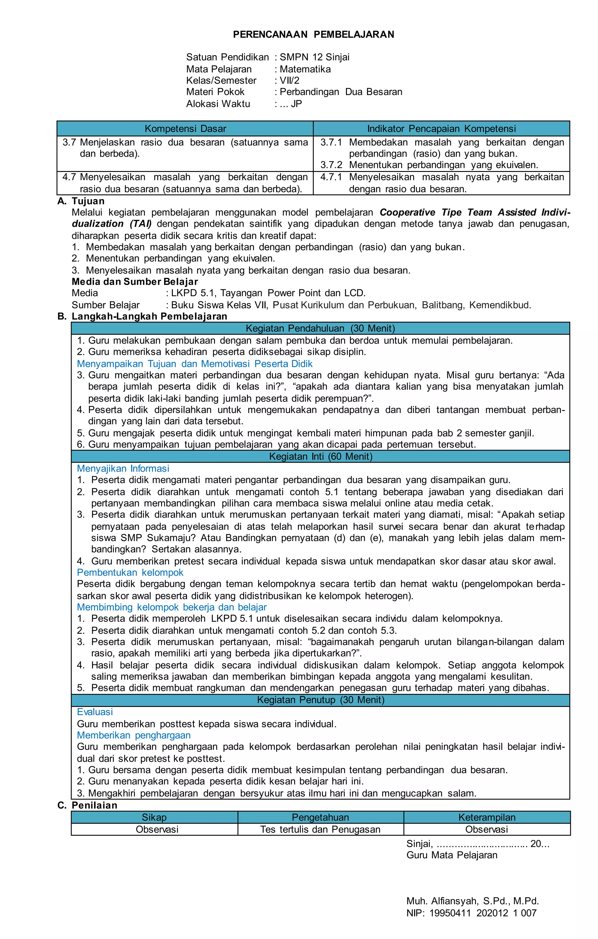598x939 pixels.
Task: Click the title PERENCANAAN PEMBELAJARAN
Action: (x=313, y=35)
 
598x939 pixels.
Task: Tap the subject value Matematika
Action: (x=305, y=69)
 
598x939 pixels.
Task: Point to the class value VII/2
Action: (x=289, y=81)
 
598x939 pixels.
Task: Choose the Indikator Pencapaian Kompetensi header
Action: (x=441, y=129)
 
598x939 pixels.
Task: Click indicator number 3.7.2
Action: (x=331, y=165)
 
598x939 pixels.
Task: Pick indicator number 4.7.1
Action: (x=331, y=177)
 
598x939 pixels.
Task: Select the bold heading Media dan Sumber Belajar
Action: (x=135, y=282)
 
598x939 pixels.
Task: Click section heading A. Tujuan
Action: (x=81, y=201)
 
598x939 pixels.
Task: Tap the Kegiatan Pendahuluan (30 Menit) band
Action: (x=320, y=328)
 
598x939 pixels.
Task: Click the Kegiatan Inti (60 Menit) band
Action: (x=320, y=456)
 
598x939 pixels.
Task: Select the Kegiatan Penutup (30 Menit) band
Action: (x=320, y=700)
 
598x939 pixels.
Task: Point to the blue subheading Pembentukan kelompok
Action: (x=130, y=572)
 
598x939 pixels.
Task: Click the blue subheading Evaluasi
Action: (x=95, y=712)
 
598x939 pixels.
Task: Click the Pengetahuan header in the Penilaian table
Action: (x=320, y=817)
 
